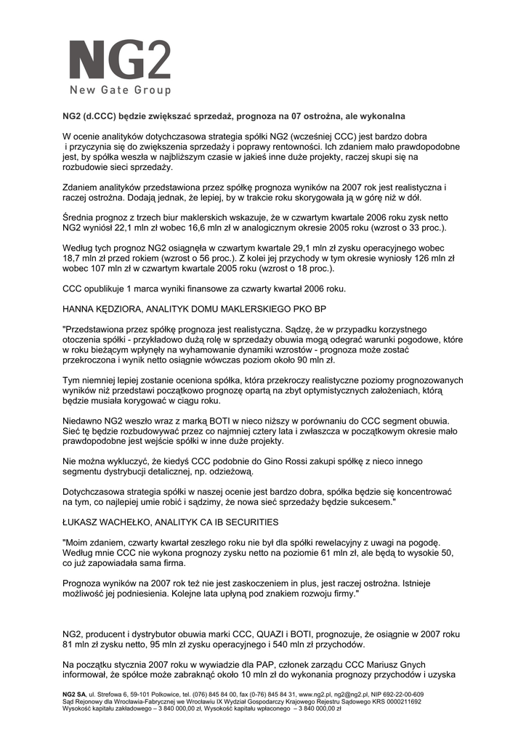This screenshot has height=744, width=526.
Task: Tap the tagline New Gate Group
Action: click(x=120, y=91)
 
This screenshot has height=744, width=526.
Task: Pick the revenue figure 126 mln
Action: click(x=402, y=259)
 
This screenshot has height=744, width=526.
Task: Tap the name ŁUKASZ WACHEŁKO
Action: click(x=105, y=521)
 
